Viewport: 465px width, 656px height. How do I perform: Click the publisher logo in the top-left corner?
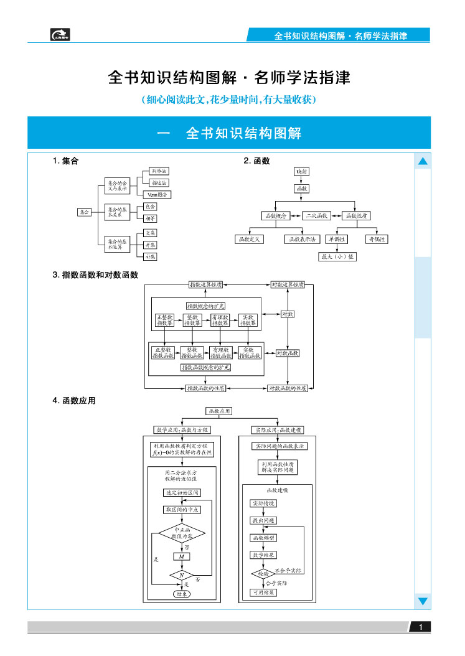[x=60, y=35]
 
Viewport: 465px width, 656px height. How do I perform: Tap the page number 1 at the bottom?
[x=421, y=627]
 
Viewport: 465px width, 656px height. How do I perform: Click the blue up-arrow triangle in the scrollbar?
[x=423, y=162]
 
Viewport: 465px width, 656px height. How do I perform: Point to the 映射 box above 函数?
[x=302, y=171]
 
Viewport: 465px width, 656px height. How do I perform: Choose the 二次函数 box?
[x=316, y=216]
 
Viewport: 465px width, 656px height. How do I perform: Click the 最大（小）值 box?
[x=337, y=256]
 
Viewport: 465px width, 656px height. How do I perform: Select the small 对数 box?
[x=288, y=314]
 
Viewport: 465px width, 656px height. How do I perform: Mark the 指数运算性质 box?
[x=205, y=284]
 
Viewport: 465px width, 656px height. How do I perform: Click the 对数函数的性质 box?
[x=287, y=388]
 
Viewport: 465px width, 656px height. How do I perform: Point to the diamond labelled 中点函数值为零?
[x=181, y=533]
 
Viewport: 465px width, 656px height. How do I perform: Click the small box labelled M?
[x=181, y=556]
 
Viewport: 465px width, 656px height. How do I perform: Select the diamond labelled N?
[x=182, y=576]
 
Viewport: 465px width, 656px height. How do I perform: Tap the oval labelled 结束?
[x=182, y=594]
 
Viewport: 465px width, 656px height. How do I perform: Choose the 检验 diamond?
[x=263, y=573]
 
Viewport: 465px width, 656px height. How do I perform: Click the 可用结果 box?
[x=263, y=593]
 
